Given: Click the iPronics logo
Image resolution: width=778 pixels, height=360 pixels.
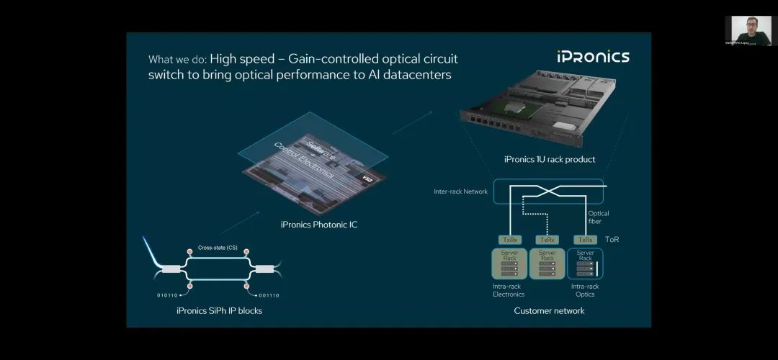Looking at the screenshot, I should [x=593, y=56].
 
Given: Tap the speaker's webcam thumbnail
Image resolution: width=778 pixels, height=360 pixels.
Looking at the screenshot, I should [x=747, y=31].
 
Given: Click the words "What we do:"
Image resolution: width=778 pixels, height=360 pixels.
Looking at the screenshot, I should [x=177, y=59].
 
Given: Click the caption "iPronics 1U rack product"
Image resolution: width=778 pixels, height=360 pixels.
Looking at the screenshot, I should [x=550, y=159].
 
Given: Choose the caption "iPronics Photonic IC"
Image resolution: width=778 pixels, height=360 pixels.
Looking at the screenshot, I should [x=318, y=225].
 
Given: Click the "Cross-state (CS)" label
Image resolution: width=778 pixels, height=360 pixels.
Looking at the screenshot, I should [x=218, y=248].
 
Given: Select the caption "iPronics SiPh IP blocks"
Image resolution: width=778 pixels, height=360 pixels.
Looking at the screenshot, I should [x=219, y=311].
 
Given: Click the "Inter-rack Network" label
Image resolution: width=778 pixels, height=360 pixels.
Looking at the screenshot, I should [x=460, y=192].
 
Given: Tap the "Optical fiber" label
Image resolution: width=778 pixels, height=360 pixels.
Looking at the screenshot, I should [x=599, y=217].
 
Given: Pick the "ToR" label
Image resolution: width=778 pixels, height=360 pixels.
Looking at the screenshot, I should [x=612, y=239].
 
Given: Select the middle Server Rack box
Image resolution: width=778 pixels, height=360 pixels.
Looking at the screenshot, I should [x=547, y=264].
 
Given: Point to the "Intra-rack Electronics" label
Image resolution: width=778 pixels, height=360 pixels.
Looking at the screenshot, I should [x=509, y=290].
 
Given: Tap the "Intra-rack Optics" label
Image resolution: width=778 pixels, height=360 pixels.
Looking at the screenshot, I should [x=585, y=290].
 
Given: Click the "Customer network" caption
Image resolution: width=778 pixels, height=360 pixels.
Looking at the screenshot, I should [x=549, y=310].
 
